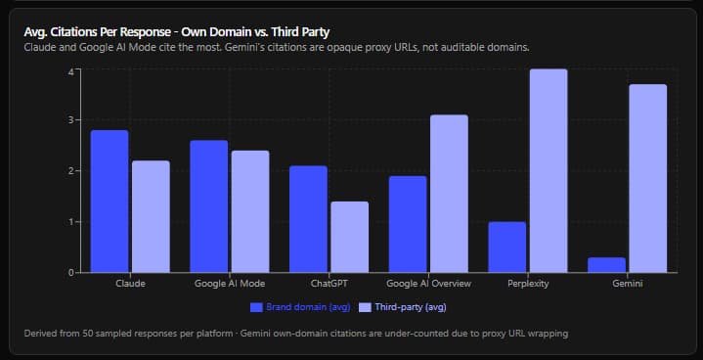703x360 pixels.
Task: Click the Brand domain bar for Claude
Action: point(110,202)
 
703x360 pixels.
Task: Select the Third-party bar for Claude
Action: point(152,216)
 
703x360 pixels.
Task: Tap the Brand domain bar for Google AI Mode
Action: point(209,206)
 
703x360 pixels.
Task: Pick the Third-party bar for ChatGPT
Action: point(350,237)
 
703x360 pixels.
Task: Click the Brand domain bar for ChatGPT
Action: point(308,219)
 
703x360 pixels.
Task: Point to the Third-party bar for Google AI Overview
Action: point(449,194)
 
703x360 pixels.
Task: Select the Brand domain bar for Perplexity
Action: point(507,247)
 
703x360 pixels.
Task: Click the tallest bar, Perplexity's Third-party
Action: point(549,171)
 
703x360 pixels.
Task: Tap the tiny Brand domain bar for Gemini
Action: point(606,265)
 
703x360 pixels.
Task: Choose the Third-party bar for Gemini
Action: point(648,178)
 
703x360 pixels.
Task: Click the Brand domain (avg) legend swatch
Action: point(256,307)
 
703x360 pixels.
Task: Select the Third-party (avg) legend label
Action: point(411,307)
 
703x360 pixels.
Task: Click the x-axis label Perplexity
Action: point(528,284)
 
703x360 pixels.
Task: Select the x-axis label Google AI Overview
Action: point(428,284)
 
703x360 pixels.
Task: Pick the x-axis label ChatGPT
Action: point(330,284)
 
